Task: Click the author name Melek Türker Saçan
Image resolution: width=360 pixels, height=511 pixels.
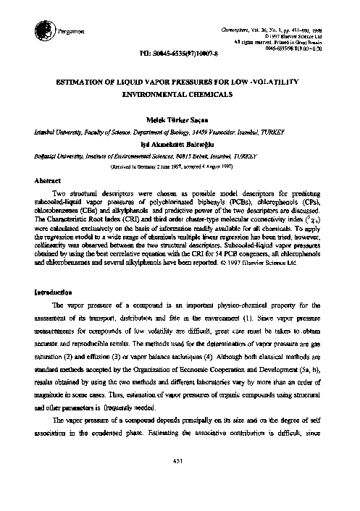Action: click(180, 119)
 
